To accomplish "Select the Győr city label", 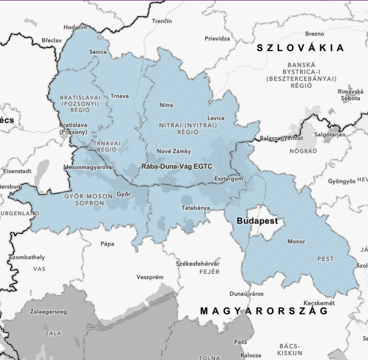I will pyautogui.click(x=123, y=194).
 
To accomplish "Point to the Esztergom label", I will pyautogui.click(x=229, y=179).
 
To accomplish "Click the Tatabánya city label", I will pyautogui.click(x=195, y=207).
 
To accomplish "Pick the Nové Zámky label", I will pyautogui.click(x=170, y=151).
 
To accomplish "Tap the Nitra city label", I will pyautogui.click(x=166, y=105).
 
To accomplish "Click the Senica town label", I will pyautogui.click(x=98, y=52).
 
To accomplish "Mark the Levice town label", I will pyautogui.click(x=216, y=118).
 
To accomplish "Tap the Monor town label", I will pyautogui.click(x=296, y=241).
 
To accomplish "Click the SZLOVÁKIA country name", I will pyautogui.click(x=300, y=48).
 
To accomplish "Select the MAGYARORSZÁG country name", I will pyautogui.click(x=264, y=311).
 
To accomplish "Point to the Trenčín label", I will pyautogui.click(x=162, y=21).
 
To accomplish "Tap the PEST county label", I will pyautogui.click(x=325, y=259).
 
